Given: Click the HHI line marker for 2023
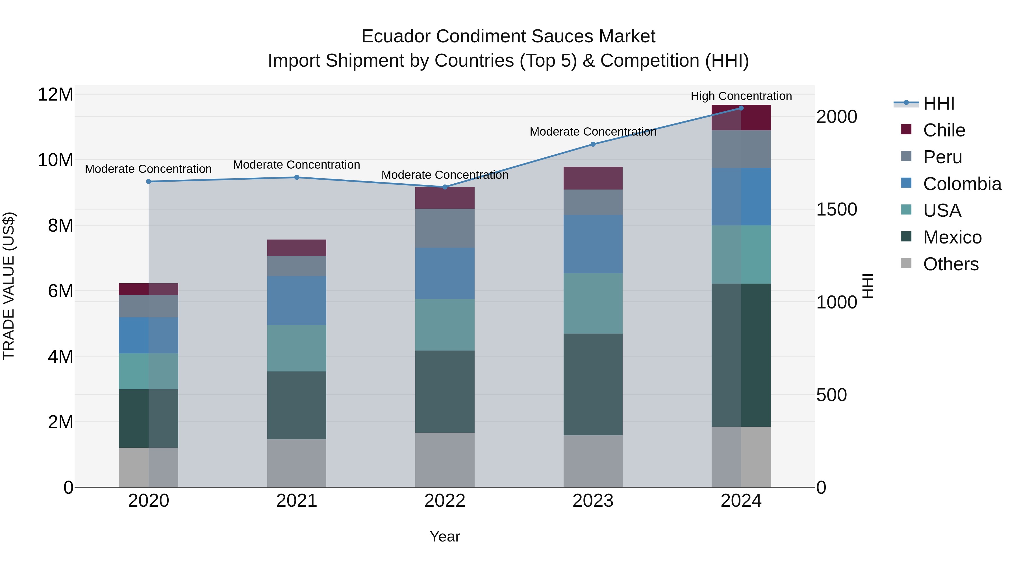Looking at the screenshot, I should tap(593, 144).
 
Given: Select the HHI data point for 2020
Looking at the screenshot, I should tap(148, 182).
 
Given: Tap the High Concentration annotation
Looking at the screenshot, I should tap(741, 96).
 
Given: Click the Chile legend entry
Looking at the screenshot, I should tap(944, 130).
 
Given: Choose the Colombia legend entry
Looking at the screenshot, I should tap(962, 184).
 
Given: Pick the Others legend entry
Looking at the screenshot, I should tap(951, 264).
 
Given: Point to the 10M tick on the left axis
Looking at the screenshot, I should tap(55, 160).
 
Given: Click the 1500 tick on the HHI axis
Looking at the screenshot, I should tap(836, 210).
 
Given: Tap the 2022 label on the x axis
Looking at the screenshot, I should tap(445, 501).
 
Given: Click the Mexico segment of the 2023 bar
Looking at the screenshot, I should tap(593, 384).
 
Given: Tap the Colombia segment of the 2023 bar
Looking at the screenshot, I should tap(593, 244).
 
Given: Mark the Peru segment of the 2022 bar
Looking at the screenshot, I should tap(445, 228).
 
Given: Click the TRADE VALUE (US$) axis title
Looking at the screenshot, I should tap(9, 286).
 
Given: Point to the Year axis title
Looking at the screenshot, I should tap(445, 536).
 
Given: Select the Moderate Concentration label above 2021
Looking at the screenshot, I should tap(297, 165).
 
